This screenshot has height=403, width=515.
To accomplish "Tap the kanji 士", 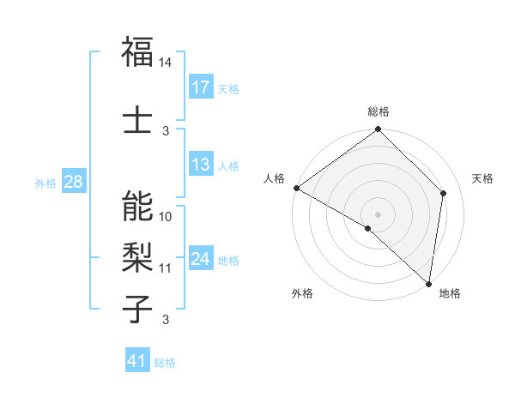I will click(138, 119).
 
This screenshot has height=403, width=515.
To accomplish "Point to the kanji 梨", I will click(138, 256).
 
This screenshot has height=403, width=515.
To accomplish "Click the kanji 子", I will click(138, 308).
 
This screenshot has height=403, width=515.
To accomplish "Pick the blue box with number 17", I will click(201, 87).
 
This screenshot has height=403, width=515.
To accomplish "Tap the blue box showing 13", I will click(201, 165).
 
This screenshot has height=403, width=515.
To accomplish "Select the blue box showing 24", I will click(201, 259).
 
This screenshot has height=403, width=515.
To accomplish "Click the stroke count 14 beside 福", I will click(166, 63).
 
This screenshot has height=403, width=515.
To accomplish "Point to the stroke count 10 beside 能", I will click(166, 216).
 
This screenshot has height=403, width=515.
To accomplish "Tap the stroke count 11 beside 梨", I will click(166, 268).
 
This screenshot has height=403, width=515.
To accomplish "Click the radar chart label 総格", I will click(379, 111).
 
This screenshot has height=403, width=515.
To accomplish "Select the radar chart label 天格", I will click(482, 178).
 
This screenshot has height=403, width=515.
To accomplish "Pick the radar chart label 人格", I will click(275, 178).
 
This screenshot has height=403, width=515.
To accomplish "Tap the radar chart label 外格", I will click(302, 293).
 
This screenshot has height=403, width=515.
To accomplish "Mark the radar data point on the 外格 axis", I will click(367, 228).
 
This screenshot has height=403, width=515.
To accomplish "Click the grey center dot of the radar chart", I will click(379, 214).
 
